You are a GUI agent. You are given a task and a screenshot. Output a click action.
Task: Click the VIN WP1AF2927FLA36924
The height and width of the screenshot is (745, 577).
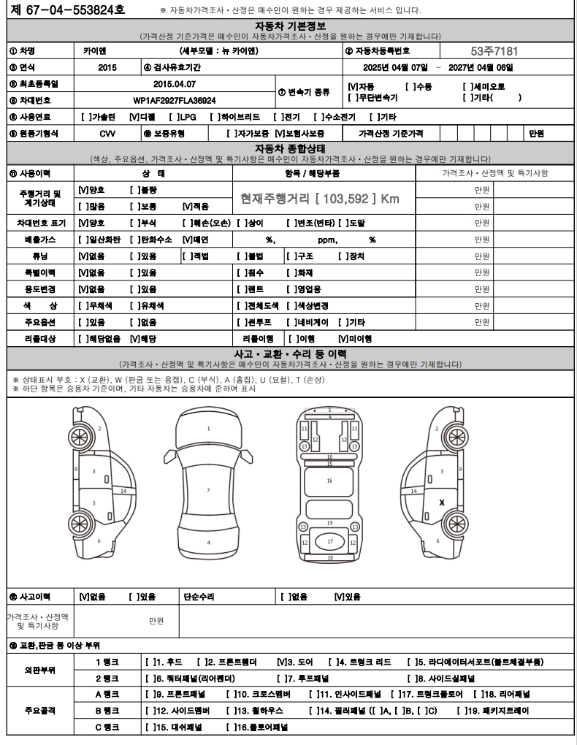coord(175,100)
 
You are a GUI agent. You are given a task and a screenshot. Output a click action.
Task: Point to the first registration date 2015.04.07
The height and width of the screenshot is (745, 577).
coord(175,84)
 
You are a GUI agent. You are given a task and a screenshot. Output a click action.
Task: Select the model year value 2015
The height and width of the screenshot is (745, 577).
coord(107,67)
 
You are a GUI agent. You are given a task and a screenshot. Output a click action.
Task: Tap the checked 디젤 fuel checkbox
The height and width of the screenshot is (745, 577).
coord(134,117)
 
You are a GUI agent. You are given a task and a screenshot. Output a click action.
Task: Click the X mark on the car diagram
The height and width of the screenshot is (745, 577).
coord(441,503)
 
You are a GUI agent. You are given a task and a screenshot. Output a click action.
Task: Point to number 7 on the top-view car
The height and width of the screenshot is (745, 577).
coord(208,490)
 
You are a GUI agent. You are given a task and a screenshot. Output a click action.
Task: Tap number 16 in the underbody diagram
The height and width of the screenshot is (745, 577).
coord(329,481)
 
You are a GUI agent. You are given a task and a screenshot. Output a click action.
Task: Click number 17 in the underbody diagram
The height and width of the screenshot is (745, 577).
coord(329,541)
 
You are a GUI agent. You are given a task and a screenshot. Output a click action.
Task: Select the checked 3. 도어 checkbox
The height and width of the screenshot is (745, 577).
coord(282,662)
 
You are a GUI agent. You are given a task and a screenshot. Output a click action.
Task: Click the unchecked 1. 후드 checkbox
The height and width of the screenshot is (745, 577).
coord(150,662)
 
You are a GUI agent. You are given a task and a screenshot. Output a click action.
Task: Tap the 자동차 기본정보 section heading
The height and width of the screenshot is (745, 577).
coord(288,26)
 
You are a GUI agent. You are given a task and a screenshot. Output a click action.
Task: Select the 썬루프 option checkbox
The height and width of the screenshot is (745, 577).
coord(242,322)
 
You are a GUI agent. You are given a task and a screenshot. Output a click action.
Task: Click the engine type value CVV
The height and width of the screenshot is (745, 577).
coord(107,134)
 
